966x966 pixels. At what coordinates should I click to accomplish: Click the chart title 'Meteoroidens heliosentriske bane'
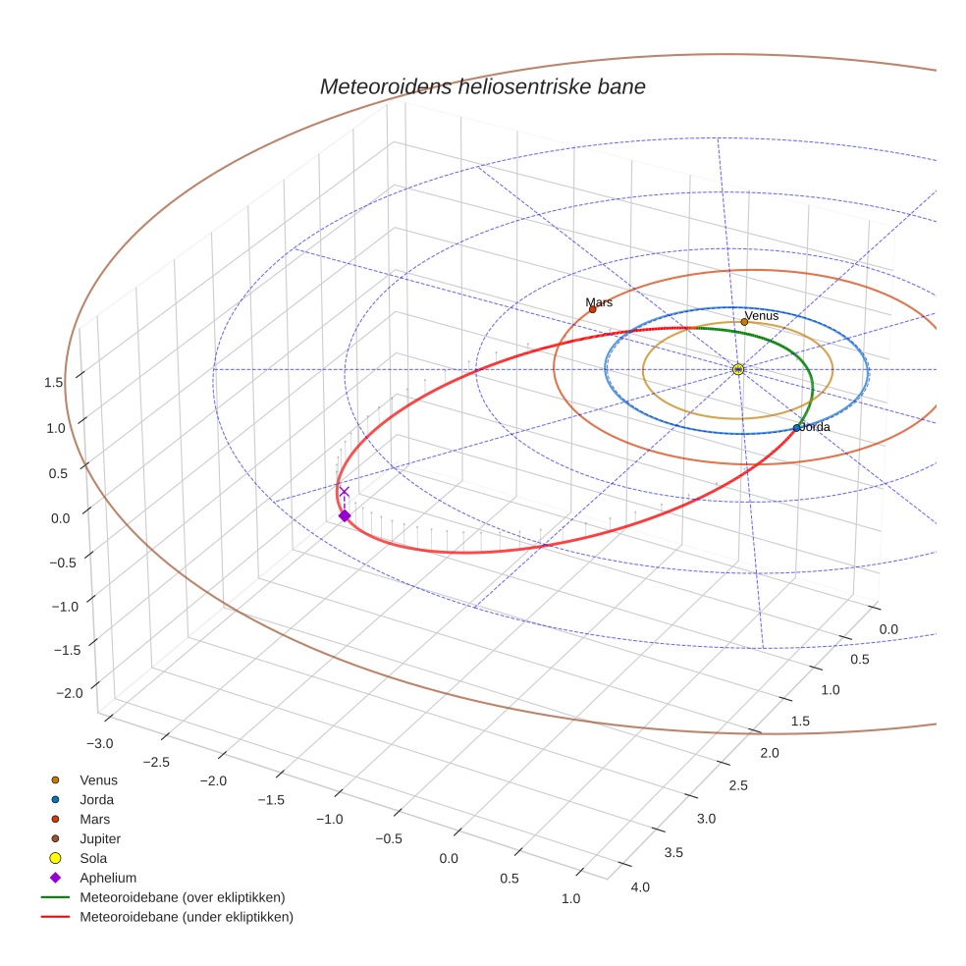coord(482,86)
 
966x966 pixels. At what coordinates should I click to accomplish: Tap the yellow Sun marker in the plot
coord(738,369)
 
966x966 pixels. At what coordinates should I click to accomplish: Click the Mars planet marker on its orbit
coord(592,309)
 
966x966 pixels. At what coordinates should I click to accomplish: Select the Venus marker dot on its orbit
coord(744,322)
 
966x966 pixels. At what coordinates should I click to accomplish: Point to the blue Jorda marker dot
coord(796,428)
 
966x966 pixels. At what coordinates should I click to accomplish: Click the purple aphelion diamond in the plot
coord(344,515)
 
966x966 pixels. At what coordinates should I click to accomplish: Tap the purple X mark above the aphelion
coord(344,492)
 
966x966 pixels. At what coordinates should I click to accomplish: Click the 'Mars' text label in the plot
coord(599,302)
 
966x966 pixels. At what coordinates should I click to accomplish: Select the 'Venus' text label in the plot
coord(762,315)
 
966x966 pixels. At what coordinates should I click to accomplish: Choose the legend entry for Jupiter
coord(100,838)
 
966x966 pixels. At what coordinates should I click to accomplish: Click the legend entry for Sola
coord(93,858)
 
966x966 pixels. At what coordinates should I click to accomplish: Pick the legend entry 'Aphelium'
coord(108,878)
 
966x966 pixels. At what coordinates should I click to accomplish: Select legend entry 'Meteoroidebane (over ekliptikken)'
coord(182,897)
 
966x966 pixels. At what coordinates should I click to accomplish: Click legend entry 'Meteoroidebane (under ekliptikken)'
coord(186,917)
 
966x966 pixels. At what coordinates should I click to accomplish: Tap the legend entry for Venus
coord(98,779)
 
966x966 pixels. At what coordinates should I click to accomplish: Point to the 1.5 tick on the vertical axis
coord(54,382)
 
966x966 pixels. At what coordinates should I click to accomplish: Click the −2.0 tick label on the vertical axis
coord(68,693)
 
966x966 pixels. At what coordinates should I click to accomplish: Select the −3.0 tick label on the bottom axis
coord(101,743)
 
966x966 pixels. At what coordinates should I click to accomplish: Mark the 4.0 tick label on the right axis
coord(639,887)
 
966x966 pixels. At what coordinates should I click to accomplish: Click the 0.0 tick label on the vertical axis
coord(60,517)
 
